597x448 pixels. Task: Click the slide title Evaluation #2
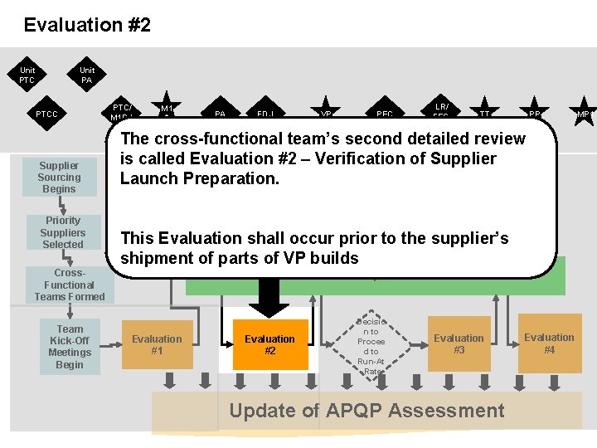click(x=87, y=25)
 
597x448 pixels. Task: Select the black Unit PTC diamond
click(x=28, y=75)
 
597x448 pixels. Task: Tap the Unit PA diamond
click(x=87, y=75)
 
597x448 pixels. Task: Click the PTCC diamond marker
click(x=46, y=114)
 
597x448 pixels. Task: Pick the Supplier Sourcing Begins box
click(x=60, y=178)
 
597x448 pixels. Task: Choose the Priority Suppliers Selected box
click(x=63, y=232)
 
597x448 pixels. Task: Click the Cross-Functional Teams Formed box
click(x=70, y=285)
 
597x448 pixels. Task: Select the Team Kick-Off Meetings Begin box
click(x=70, y=347)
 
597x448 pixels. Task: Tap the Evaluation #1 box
click(x=157, y=344)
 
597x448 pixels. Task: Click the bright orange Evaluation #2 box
click(x=269, y=344)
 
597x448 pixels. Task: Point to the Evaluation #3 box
click(x=459, y=343)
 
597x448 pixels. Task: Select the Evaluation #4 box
click(x=549, y=343)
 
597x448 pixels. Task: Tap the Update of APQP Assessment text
click(x=366, y=411)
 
